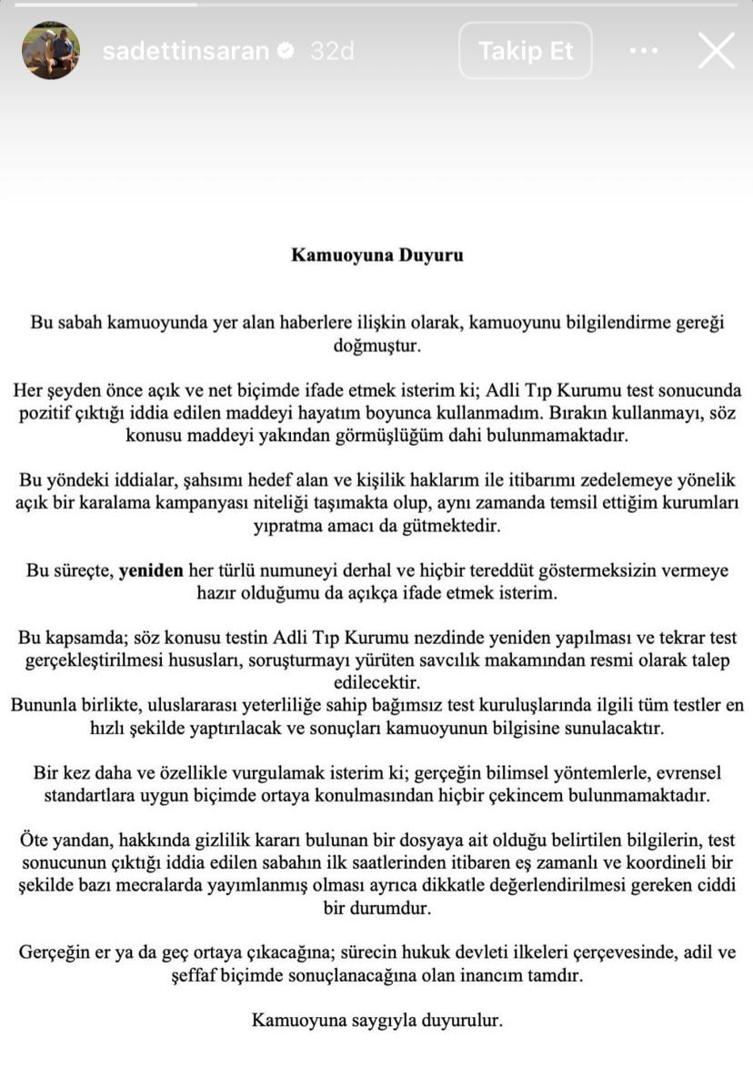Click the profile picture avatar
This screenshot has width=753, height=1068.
click(51, 51)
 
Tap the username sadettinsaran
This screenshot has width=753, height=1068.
click(186, 52)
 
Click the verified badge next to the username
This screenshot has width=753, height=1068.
click(286, 52)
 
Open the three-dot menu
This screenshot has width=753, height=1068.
click(643, 51)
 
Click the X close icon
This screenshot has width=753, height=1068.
click(716, 51)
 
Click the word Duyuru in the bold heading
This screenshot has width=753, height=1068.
click(430, 255)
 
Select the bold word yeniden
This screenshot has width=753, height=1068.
click(151, 570)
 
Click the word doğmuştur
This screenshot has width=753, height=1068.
click(376, 346)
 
